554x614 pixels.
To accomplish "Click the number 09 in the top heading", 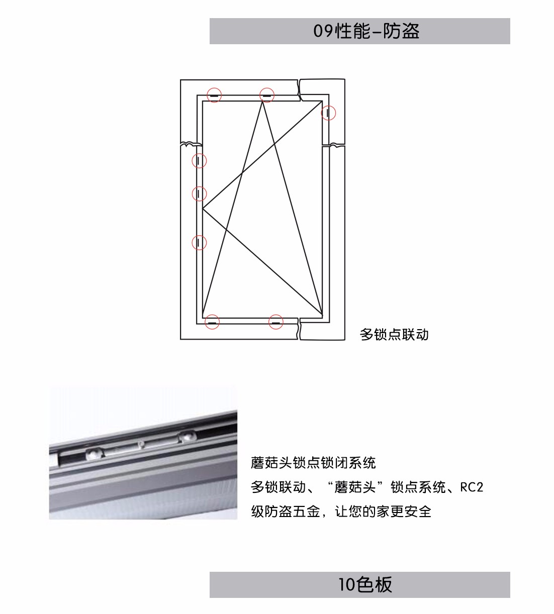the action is coord(324,31).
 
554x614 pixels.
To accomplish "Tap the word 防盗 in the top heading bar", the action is coord(401,31).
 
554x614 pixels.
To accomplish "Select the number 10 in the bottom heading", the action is coord(347,584).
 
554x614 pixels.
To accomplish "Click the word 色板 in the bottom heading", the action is coord(374,584).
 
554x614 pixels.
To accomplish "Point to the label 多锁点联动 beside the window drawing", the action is coord(394,335).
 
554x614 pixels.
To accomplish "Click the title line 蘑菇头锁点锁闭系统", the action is coord(313,462).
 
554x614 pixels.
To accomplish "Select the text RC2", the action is coord(472,487).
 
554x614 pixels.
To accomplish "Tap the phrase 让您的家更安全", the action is coord(383,511).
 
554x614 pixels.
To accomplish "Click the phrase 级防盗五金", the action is coord(286,511).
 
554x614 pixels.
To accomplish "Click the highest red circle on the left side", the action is coord(200,153).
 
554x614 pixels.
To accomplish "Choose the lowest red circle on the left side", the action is coord(200,235).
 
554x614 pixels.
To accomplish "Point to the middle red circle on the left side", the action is coord(200,186).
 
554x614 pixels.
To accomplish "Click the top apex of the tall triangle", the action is coord(262,101).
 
